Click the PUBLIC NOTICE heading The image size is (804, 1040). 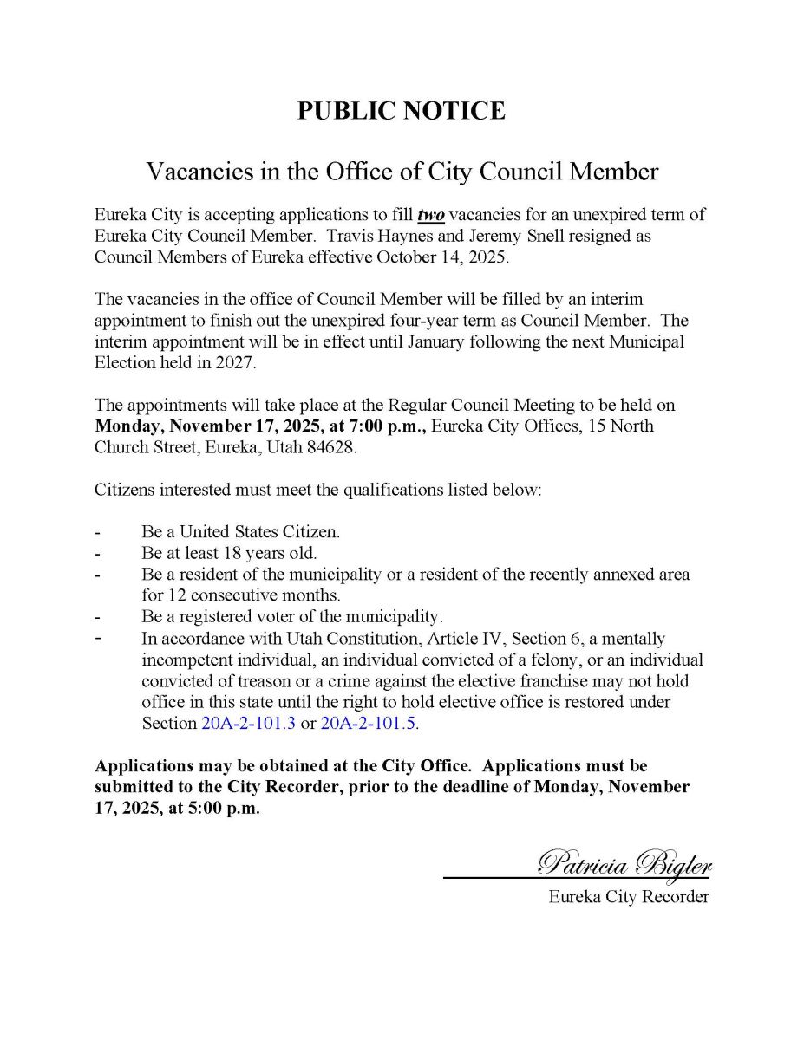coord(401,111)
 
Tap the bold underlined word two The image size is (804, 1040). coord(431,215)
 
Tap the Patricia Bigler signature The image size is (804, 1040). coord(624,864)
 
